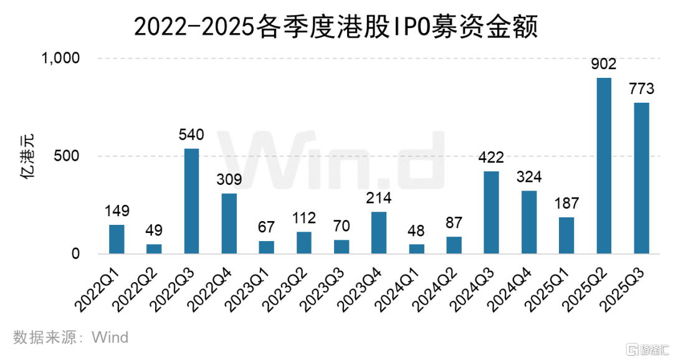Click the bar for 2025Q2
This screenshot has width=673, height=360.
point(604,166)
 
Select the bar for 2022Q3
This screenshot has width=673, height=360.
point(191,201)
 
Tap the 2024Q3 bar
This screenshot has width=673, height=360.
point(492,212)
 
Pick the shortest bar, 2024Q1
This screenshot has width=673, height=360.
point(416,249)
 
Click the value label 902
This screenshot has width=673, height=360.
point(604,64)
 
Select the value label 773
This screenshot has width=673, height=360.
point(641,88)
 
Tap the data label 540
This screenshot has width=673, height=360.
point(191,135)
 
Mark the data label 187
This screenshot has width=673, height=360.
point(566,203)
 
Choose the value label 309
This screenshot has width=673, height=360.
point(229,179)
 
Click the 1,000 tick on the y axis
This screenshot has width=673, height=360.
point(61,58)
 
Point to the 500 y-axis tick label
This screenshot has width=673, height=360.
point(69,156)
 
